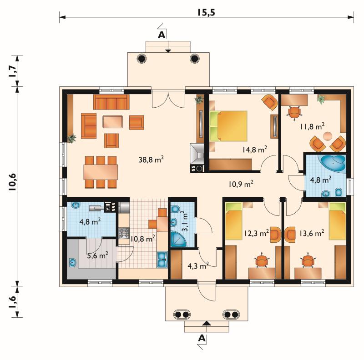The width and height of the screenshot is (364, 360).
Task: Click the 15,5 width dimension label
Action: pos(207,13)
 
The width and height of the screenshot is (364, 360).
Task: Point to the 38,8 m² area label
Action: pos(152,160)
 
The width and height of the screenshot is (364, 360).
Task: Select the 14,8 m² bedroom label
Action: pos(255,149)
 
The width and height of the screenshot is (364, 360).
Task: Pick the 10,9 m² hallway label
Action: pos(241,184)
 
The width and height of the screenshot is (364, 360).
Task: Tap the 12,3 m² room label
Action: pos(257,233)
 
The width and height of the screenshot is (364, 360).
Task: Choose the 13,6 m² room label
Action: pos(312,233)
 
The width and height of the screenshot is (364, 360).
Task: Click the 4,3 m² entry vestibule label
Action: pos(198,265)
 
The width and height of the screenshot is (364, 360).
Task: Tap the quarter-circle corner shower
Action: pos(178,239)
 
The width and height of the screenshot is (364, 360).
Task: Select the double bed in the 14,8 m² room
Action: pos(228,126)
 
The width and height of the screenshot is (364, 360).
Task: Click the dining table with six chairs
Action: pos(101,172)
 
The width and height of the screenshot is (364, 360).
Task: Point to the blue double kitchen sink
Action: pos(162,260)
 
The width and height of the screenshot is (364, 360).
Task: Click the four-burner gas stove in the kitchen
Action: pos(124,233)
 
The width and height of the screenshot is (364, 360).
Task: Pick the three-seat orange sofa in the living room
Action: pos(111,102)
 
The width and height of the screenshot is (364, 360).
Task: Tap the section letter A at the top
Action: pos(162,35)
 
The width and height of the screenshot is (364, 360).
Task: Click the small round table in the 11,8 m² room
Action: pos(328,136)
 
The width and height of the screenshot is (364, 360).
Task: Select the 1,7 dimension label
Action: pos(13,71)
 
